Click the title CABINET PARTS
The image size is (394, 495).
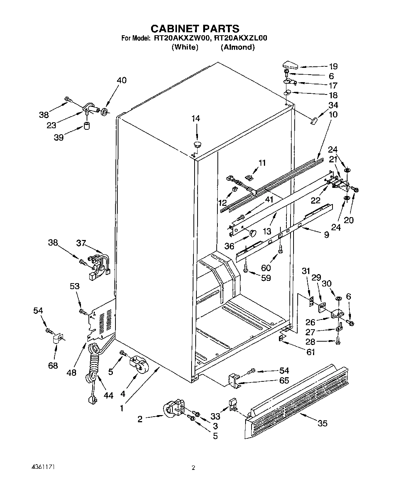tap(195, 28)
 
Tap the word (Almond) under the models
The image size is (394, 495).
tap(238, 47)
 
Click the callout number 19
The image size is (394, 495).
tap(333, 66)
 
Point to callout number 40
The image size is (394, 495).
tap(121, 80)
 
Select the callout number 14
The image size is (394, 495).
tap(196, 118)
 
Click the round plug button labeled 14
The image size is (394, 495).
tap(197, 144)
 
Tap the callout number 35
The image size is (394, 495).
tap(322, 423)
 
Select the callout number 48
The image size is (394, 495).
tap(71, 372)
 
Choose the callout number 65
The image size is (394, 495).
tap(284, 380)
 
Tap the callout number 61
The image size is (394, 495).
tap(310, 352)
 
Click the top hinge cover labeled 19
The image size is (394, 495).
tap(290, 65)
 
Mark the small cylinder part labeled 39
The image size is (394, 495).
tap(87, 125)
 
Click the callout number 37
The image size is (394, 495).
tap(81, 243)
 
